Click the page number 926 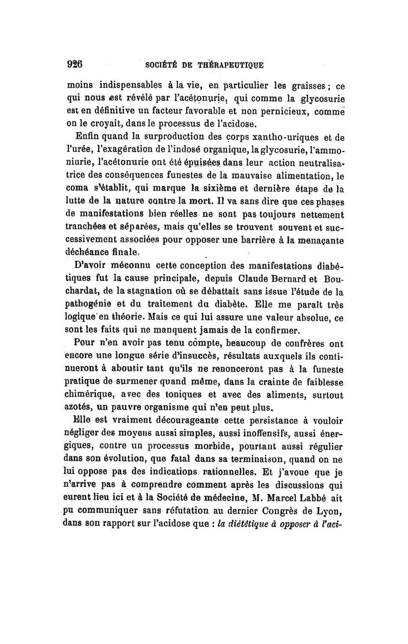75,65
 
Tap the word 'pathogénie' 92,305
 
